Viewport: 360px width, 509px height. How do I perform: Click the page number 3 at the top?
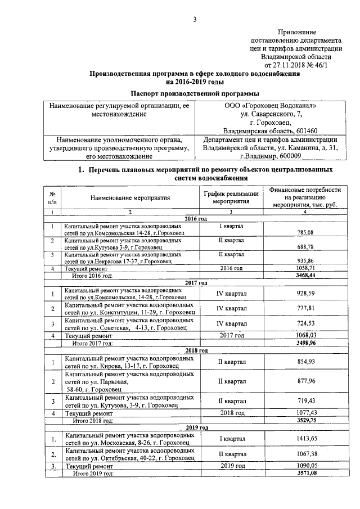(x=195, y=20)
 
